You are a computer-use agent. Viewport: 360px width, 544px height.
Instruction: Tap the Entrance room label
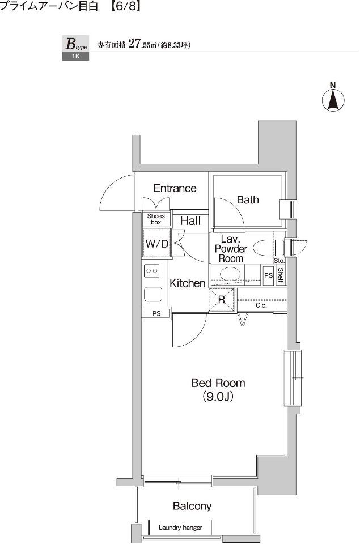click(175, 188)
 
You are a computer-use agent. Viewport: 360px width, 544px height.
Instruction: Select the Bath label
click(248, 199)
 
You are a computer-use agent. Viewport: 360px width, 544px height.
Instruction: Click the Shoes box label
click(156, 219)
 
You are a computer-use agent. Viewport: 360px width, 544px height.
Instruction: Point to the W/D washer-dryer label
click(157, 244)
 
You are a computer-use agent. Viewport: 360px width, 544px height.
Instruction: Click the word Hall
click(190, 220)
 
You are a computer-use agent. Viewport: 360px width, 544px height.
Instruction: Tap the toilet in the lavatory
click(268, 248)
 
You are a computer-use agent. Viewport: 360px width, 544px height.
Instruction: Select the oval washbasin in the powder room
click(230, 273)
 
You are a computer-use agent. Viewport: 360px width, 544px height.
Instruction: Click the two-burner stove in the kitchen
click(152, 271)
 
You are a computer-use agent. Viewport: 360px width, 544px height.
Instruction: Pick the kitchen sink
click(153, 295)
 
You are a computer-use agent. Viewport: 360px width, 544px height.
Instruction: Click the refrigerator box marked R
click(221, 300)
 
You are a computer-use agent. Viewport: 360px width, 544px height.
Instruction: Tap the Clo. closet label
click(261, 305)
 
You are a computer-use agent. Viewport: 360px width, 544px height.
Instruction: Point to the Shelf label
click(281, 275)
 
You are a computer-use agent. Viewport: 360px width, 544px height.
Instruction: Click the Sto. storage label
click(279, 261)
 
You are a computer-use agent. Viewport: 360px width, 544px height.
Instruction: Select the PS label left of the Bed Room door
click(156, 313)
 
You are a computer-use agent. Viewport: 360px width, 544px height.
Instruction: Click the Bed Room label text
click(218, 390)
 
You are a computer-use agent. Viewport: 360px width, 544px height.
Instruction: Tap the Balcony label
click(192, 506)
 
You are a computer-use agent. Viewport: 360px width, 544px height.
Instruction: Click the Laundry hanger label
click(180, 528)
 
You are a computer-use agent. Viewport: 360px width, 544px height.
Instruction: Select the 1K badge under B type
click(75, 56)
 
